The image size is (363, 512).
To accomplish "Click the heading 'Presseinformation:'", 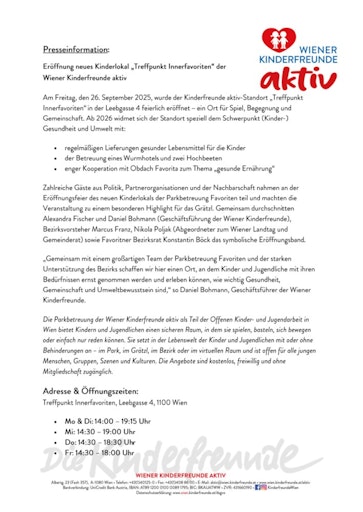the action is tap(77, 48).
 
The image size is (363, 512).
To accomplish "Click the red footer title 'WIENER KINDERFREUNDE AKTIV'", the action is tap(181, 474).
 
